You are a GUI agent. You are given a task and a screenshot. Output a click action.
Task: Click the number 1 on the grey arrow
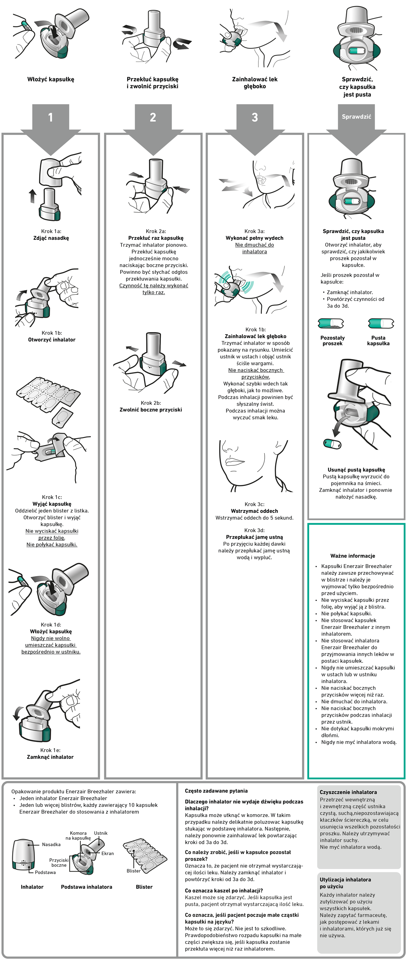point(50,117)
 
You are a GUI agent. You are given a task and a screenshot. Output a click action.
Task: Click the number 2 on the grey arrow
point(153,117)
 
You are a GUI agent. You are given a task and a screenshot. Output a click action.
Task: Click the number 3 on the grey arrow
point(255,117)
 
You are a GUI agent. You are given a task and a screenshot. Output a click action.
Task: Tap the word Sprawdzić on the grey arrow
point(356,117)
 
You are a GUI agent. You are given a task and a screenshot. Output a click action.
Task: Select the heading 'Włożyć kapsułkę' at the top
point(51,79)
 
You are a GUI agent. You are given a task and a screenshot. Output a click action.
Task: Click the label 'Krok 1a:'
point(51,231)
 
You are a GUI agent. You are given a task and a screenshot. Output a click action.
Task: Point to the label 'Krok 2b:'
point(151,403)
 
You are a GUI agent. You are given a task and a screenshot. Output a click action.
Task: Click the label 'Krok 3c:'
point(254,504)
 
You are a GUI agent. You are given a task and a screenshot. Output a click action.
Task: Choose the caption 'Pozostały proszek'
point(333,341)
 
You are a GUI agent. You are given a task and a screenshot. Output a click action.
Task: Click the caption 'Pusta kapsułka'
point(378,341)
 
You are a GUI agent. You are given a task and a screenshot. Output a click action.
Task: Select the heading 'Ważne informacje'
point(352,556)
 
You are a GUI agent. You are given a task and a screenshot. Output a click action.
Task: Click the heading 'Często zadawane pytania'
point(216,791)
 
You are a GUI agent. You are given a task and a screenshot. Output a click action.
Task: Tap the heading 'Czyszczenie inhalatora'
point(348,792)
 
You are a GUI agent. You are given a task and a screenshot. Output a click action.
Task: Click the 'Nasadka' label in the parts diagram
point(51,845)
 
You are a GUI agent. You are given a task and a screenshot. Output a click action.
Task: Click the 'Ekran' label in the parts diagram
point(108,853)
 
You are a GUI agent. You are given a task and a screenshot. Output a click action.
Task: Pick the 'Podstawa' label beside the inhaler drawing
point(45,872)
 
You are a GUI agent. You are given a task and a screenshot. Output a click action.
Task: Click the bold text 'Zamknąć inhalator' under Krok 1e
point(50,757)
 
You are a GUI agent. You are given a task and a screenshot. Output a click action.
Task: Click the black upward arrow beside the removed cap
point(33,196)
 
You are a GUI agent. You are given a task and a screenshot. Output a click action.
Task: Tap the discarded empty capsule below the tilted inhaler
point(333,444)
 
